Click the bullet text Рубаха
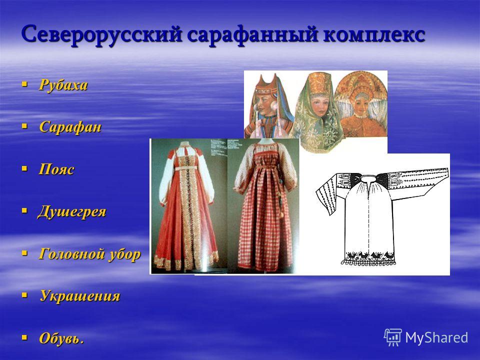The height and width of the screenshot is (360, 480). point(63,85)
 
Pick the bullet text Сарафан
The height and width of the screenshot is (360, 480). point(70,126)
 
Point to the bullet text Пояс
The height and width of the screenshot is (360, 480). point(56,169)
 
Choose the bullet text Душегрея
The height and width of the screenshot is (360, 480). point(71,211)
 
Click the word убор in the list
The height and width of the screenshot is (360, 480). point(124,254)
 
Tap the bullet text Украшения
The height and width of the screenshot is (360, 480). point(80,296)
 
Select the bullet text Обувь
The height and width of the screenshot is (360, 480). point(61,338)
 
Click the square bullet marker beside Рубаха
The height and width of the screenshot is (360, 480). point(24,83)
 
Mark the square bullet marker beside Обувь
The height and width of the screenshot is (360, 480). point(24,337)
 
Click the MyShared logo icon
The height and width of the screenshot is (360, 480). point(393,337)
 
